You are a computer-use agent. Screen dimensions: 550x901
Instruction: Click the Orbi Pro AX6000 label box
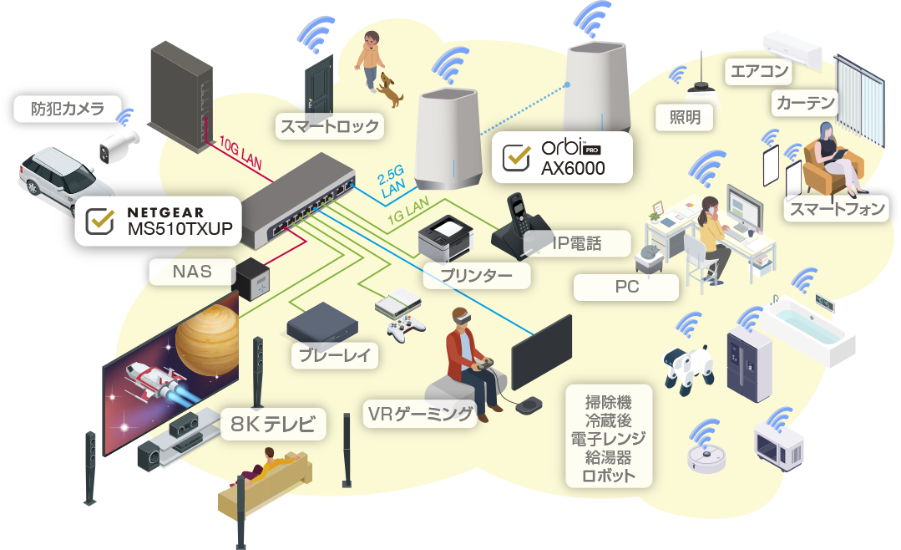(x=561, y=156)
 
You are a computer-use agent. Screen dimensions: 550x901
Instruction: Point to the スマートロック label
(x=329, y=127)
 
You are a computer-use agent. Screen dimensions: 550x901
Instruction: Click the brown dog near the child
(x=388, y=89)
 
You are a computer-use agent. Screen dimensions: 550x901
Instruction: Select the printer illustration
(x=444, y=237)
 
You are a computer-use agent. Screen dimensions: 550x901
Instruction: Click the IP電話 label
(x=577, y=244)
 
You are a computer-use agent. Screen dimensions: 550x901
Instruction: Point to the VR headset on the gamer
(x=461, y=317)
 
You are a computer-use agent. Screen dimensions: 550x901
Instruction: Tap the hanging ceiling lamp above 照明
(x=701, y=84)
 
